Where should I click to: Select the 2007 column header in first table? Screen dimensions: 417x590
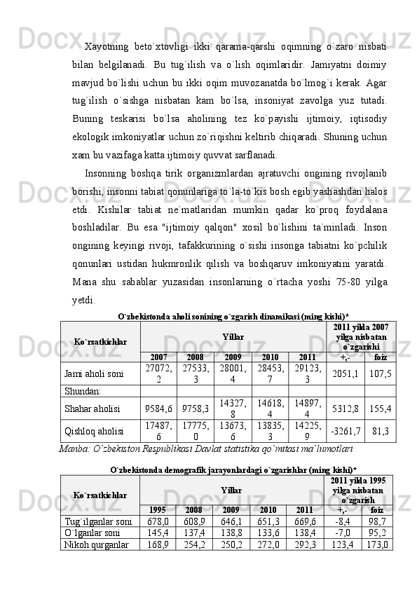[x=158, y=357]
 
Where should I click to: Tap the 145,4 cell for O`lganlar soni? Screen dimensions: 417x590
[x=158, y=533]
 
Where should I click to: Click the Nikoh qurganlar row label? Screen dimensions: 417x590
[x=93, y=544]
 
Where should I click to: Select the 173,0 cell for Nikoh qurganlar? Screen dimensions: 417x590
[x=379, y=544]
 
